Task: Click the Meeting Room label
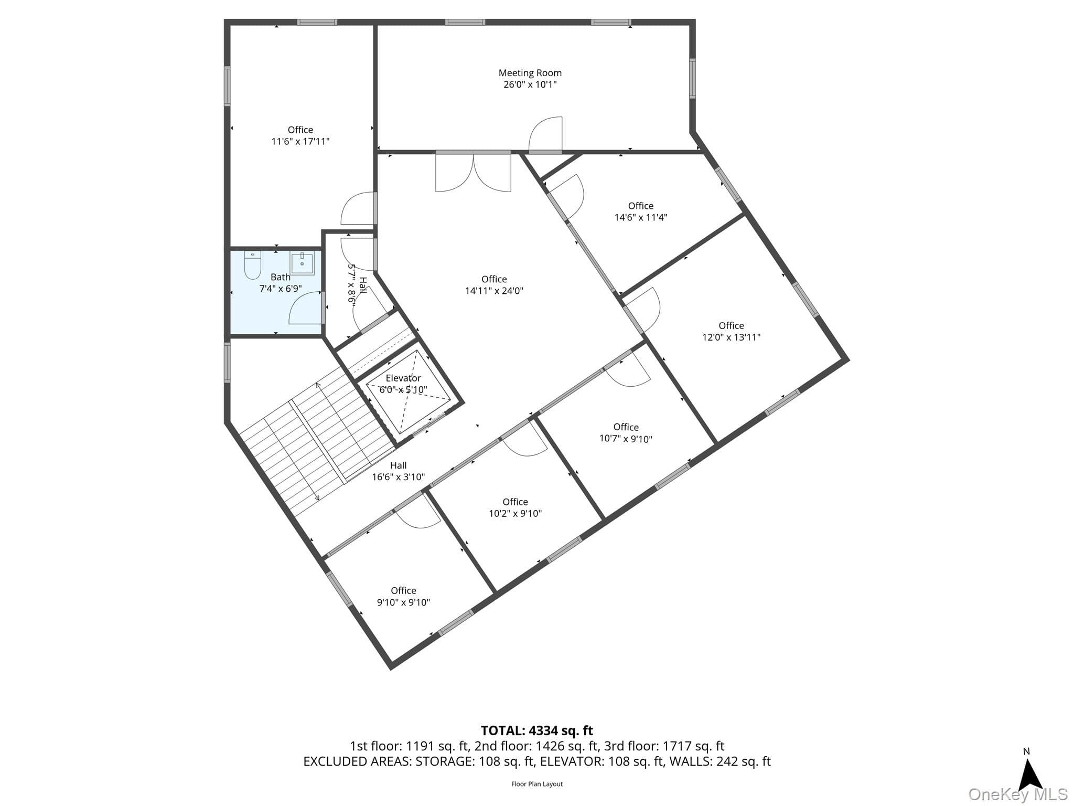click(x=530, y=73)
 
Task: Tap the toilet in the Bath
click(x=253, y=266)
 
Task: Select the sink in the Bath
click(x=303, y=263)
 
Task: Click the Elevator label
click(x=403, y=378)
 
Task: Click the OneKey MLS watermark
click(x=1018, y=794)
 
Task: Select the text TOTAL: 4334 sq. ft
click(x=537, y=730)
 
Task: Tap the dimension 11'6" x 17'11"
click(x=300, y=141)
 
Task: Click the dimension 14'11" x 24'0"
click(x=494, y=291)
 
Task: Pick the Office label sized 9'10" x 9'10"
click(x=403, y=591)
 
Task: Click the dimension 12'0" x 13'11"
click(x=732, y=337)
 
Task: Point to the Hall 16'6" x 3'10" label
click(x=399, y=471)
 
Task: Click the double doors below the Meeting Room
click(x=473, y=172)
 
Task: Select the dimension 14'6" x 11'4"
click(x=641, y=217)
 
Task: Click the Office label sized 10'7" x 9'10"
click(x=626, y=427)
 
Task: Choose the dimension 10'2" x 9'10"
click(x=515, y=514)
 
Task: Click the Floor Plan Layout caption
click(x=537, y=784)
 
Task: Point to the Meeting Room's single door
click(x=545, y=134)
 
